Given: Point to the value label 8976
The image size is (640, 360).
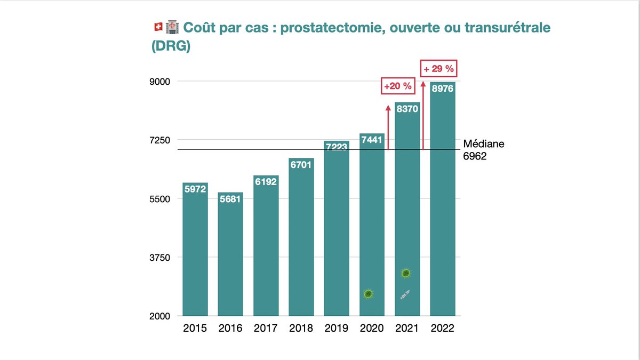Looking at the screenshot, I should click(x=443, y=89).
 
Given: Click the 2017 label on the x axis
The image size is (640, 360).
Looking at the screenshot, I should click(x=266, y=328).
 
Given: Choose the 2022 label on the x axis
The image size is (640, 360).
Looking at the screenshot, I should click(x=443, y=328).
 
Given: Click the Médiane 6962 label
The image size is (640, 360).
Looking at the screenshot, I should click(x=483, y=150).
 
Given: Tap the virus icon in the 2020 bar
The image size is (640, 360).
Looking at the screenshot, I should click(x=368, y=294).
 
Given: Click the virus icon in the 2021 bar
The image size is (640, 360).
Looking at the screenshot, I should click(x=406, y=273).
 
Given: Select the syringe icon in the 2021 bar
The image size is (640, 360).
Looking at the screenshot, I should click(x=405, y=294).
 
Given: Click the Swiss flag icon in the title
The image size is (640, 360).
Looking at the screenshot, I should click(x=157, y=27).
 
